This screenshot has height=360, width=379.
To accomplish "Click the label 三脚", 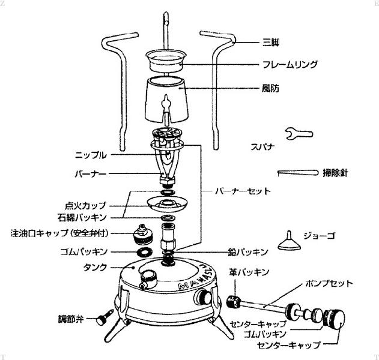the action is [x=271, y=43].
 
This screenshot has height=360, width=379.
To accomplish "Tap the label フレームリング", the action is [x=290, y=64].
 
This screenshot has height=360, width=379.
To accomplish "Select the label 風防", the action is [x=270, y=88].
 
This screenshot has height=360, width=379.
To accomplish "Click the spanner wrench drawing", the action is [x=299, y=134].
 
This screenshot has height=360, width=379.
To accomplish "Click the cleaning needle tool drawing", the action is [x=298, y=173].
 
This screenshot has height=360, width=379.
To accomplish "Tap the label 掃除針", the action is [x=335, y=173].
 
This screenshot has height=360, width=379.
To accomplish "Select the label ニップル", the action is [x=91, y=155].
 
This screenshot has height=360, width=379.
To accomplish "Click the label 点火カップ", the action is [x=85, y=206].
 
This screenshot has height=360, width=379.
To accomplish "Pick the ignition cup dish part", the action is [x=167, y=204].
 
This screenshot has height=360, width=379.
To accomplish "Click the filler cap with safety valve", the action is [x=143, y=234].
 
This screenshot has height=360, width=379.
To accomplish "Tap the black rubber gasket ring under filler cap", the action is [x=145, y=253].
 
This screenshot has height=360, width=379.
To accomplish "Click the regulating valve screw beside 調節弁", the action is [x=105, y=317].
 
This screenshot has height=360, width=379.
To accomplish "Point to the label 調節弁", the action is [x=71, y=319].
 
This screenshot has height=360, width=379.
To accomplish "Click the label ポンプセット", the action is [x=329, y=283].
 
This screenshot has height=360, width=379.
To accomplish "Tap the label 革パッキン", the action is [x=249, y=272].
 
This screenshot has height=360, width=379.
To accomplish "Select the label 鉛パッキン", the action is [x=248, y=252].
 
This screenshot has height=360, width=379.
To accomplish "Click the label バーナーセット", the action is [x=243, y=191].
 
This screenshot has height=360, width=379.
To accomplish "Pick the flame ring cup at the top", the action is [x=166, y=61].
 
